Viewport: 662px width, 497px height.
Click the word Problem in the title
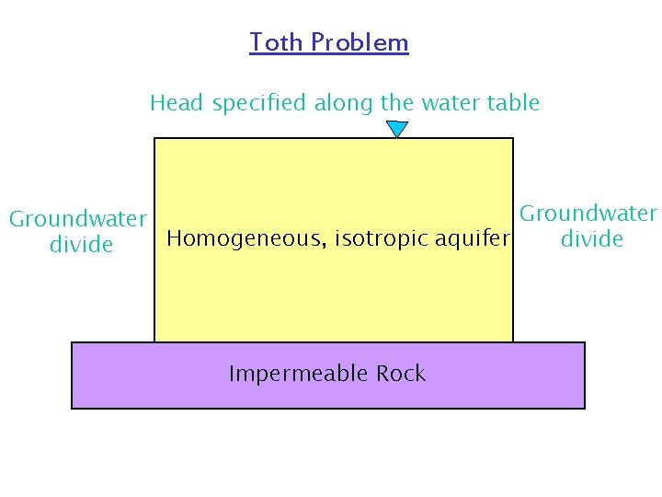tap(360, 42)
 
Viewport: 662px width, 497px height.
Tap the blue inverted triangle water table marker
tap(396, 129)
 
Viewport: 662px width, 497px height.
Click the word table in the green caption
tap(515, 103)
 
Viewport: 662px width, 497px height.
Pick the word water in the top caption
tap(455, 103)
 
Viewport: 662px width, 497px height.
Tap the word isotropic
tap(381, 239)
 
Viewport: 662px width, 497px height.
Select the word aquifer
tap(471, 239)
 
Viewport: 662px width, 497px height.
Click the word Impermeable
tap(287, 374)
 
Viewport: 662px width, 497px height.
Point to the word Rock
tap(401, 374)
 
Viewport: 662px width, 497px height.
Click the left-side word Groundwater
tap(78, 219)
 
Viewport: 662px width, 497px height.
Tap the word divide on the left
tap(81, 245)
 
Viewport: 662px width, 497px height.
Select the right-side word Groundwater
tap(588, 214)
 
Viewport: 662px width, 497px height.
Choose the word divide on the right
tap(592, 239)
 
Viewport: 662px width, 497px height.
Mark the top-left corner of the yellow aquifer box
tap(154, 139)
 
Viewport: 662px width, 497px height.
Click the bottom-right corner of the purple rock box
tap(584, 407)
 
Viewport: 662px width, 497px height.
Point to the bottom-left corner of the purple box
tap(73, 407)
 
